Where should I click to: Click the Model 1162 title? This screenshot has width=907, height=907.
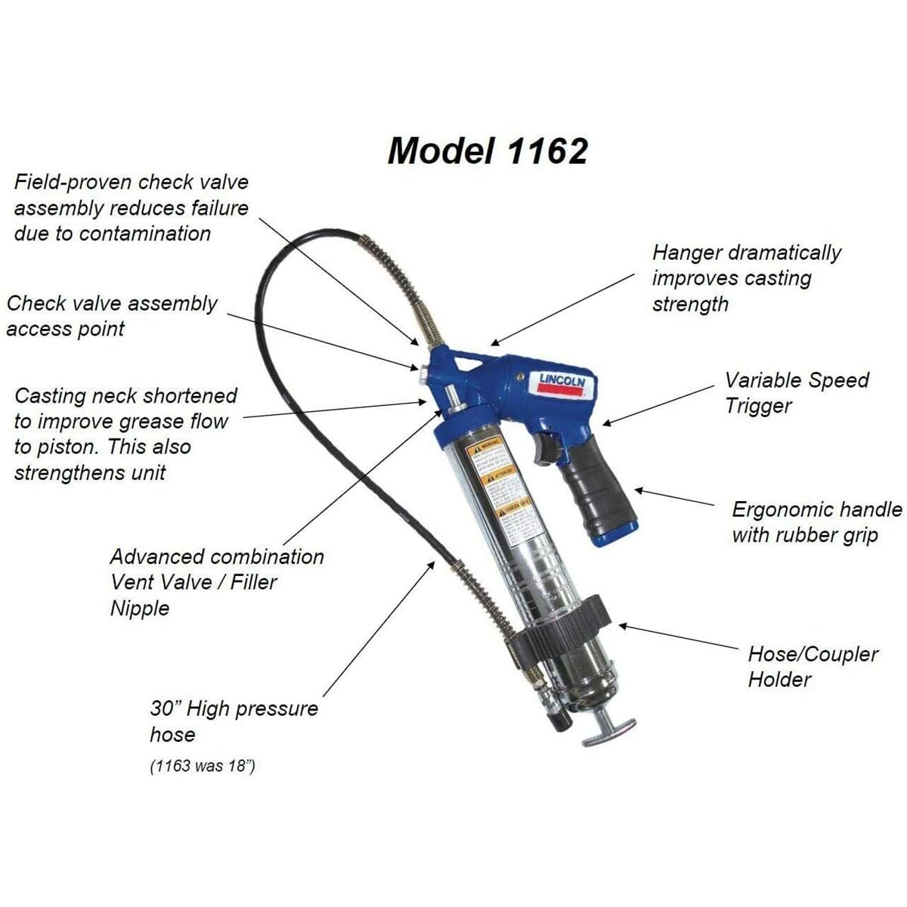pyautogui.click(x=488, y=150)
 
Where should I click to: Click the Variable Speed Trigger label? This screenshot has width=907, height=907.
pyautogui.click(x=797, y=392)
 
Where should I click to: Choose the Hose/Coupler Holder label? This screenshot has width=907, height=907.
pyautogui.click(x=813, y=666)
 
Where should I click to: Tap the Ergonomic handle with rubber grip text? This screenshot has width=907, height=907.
pyautogui.click(x=816, y=522)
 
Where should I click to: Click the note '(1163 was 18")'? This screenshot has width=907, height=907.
pyautogui.click(x=202, y=766)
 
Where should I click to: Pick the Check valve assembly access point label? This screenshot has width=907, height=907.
pyautogui.click(x=112, y=316)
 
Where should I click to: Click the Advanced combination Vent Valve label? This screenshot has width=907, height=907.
pyautogui.click(x=217, y=582)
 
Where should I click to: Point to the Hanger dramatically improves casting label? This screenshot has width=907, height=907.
pyautogui.click(x=746, y=278)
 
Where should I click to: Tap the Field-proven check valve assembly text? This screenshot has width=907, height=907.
pyautogui.click(x=131, y=207)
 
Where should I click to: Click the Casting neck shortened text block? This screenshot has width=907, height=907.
pyautogui.click(x=125, y=434)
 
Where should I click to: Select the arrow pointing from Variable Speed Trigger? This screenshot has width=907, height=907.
pyautogui.click(x=658, y=404)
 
